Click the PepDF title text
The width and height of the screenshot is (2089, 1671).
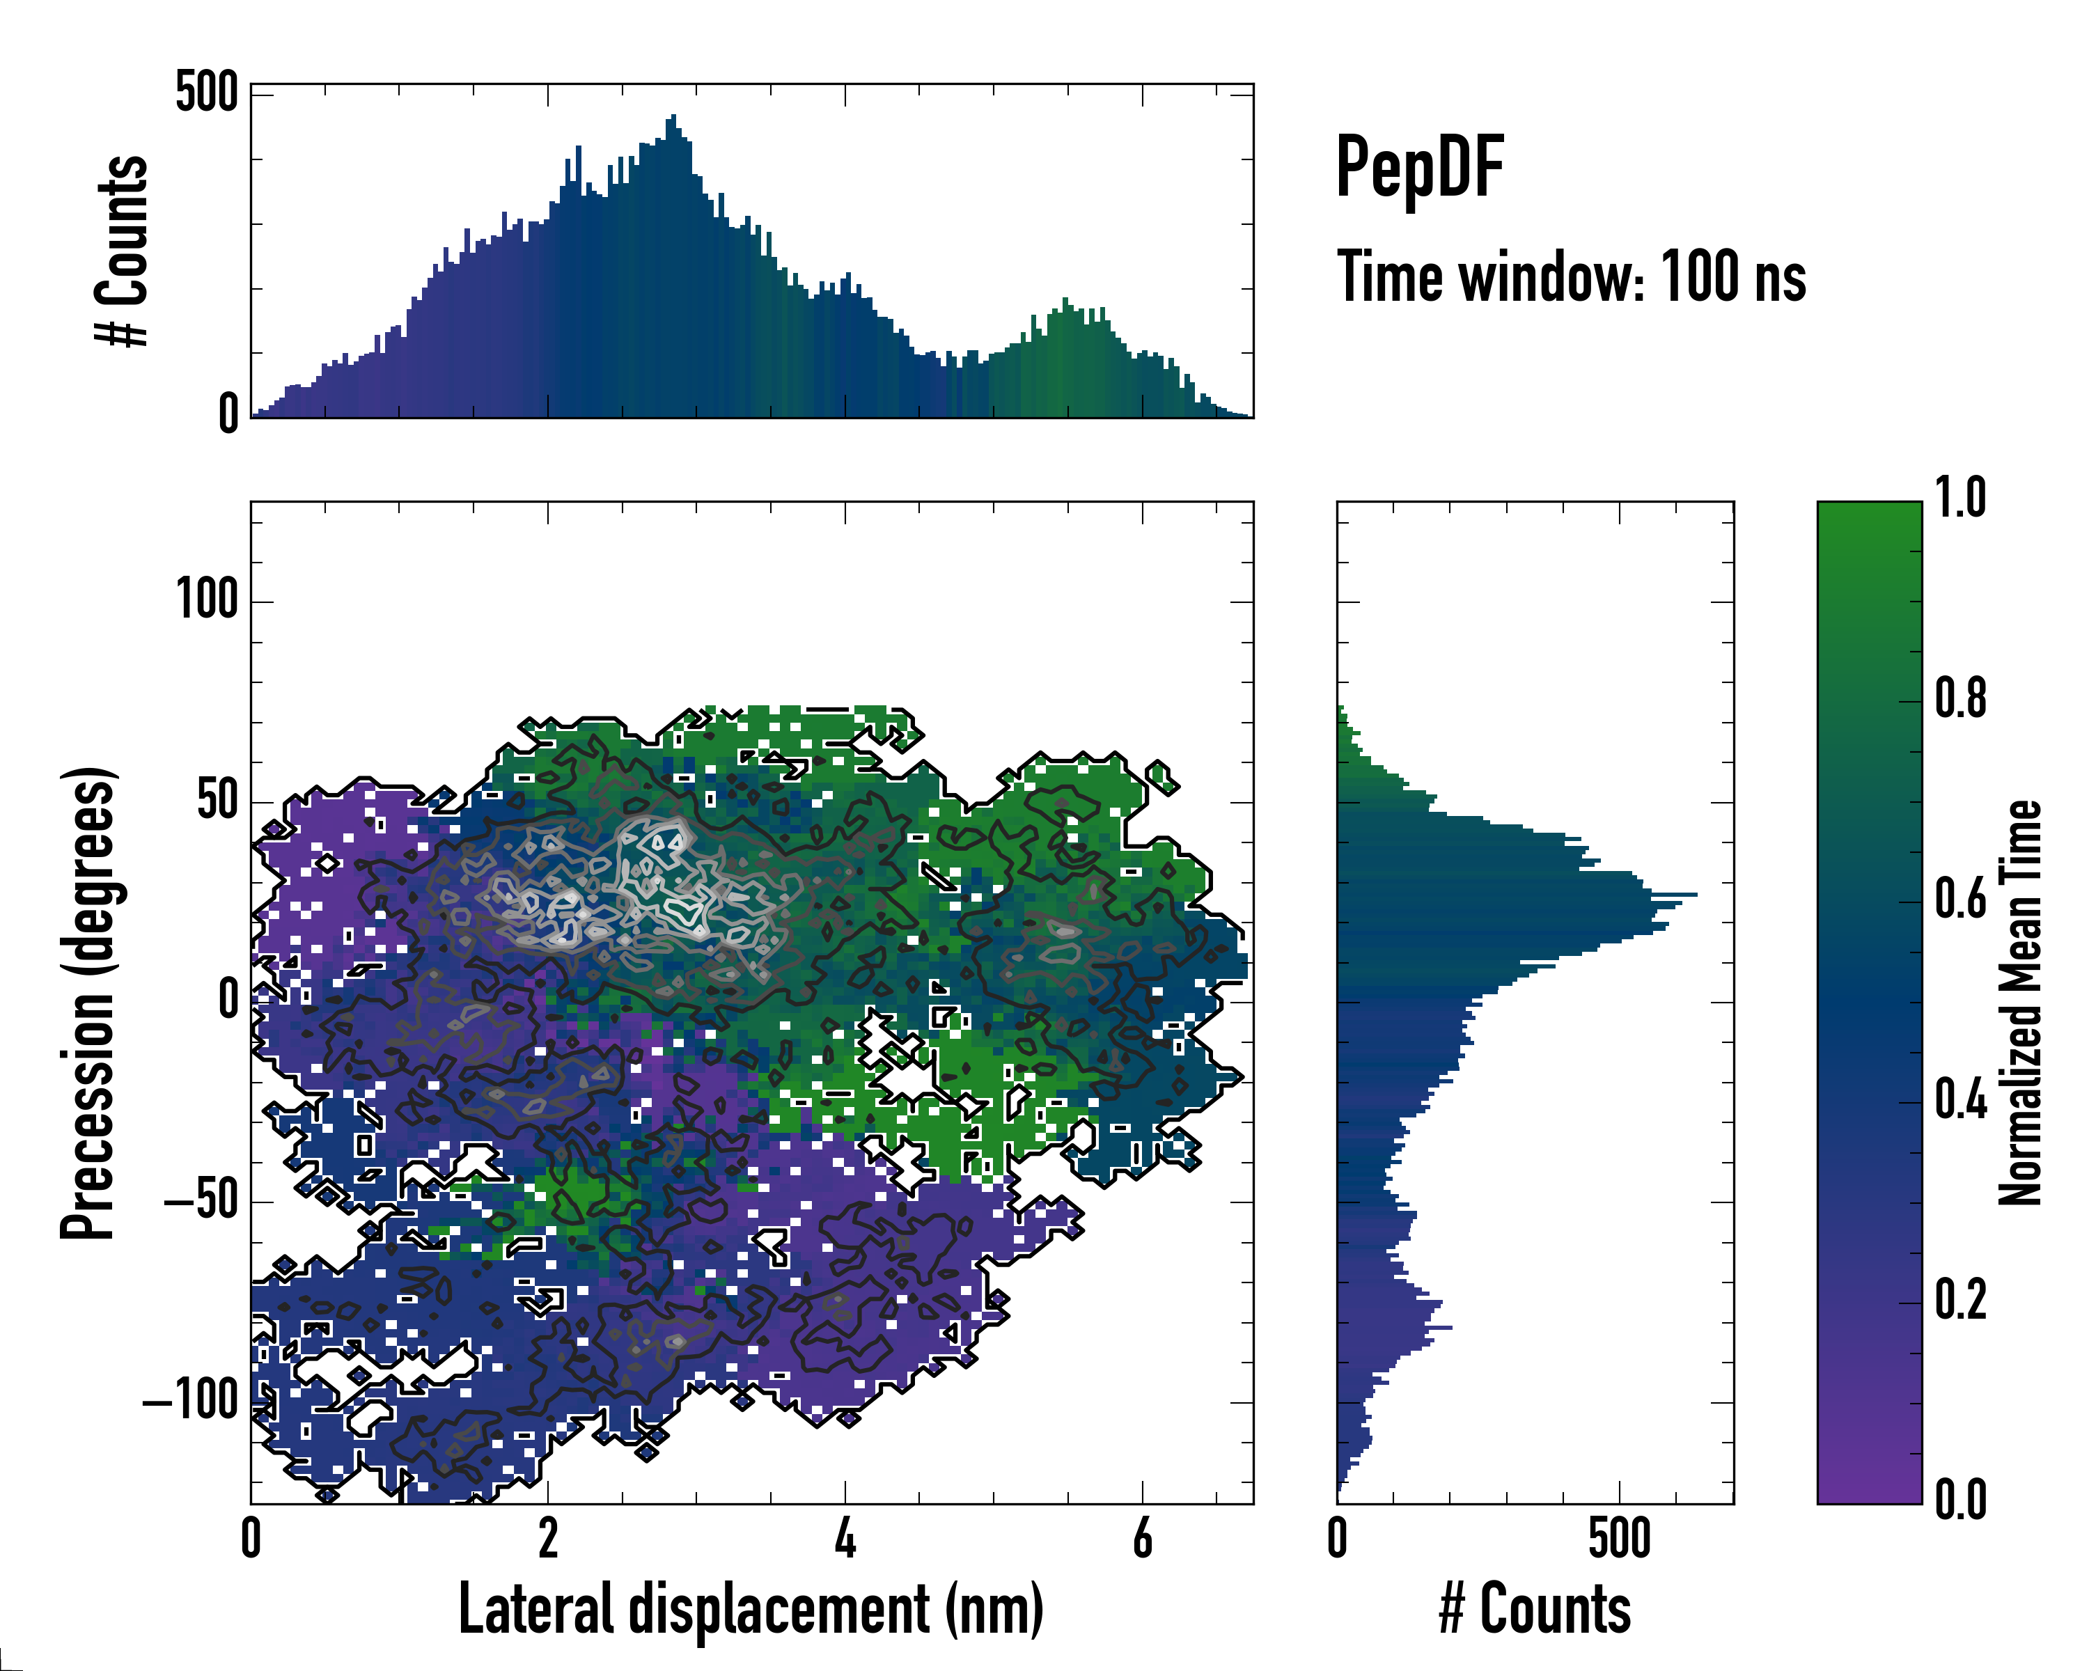(1418, 168)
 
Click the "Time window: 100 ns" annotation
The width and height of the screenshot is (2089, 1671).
(1571, 277)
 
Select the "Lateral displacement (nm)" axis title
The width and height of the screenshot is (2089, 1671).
(751, 1610)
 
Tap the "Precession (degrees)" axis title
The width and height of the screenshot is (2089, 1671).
(89, 1002)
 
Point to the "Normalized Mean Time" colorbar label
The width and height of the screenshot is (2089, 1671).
(2019, 1002)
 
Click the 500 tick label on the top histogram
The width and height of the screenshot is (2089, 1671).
(206, 94)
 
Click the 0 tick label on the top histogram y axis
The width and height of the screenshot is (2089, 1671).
(228, 414)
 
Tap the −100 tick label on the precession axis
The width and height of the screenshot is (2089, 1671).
(190, 1401)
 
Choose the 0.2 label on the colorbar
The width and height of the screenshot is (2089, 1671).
(1960, 1299)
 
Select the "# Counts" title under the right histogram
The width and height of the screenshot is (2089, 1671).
(1535, 1610)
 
